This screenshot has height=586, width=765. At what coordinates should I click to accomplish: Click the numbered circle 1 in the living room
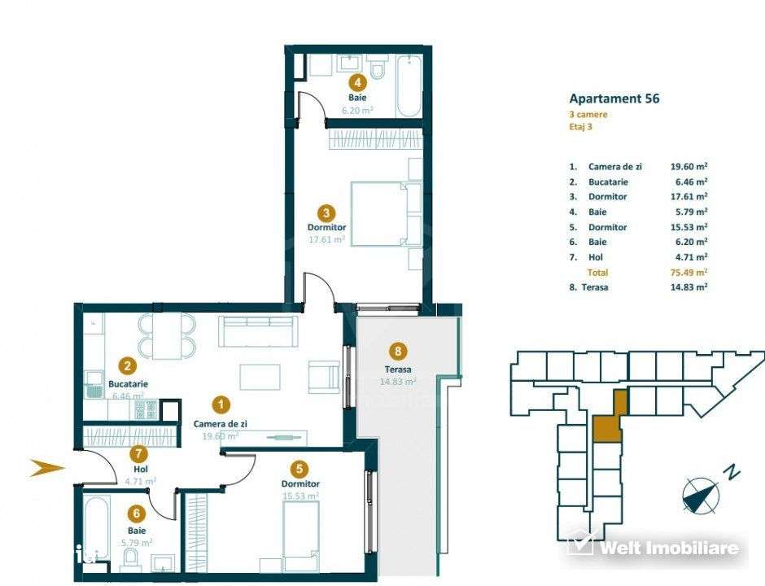(219, 404)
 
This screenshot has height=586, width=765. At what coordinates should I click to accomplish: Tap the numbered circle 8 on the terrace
(397, 352)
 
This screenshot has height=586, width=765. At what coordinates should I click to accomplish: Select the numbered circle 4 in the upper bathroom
(356, 81)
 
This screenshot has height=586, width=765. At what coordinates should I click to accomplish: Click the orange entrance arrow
(47, 467)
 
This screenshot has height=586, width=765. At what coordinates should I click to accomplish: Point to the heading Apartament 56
(614, 98)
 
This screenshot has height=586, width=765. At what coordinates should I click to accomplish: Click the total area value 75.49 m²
(689, 273)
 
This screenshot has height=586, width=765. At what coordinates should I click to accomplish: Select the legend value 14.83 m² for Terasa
(689, 287)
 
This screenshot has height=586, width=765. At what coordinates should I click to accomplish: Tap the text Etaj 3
(581, 128)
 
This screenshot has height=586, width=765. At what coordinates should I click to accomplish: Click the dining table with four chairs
(167, 336)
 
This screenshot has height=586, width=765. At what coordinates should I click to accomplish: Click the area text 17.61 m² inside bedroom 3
(326, 240)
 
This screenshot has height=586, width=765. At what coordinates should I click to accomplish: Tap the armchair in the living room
(323, 378)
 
